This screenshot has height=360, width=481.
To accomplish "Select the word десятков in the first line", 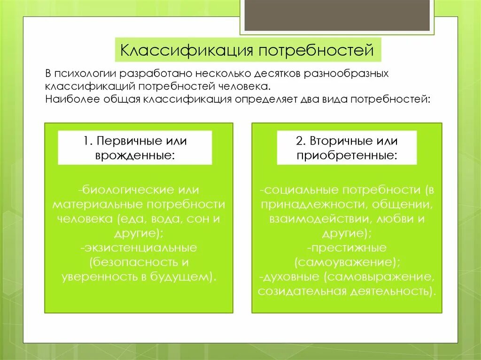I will (277, 75).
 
